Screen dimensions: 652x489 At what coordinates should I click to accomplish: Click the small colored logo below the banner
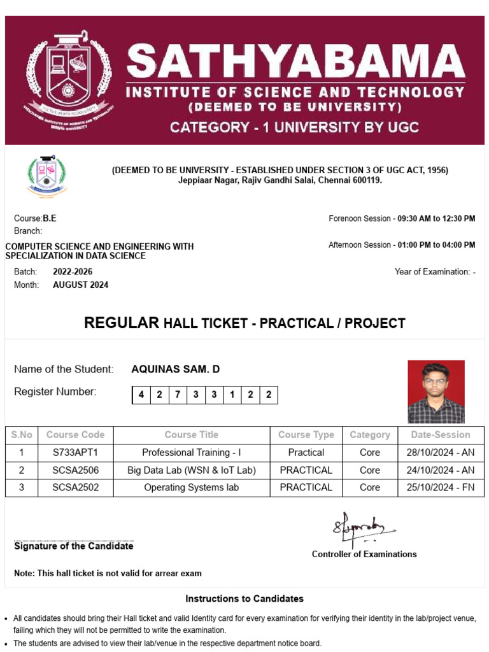(x=46, y=176)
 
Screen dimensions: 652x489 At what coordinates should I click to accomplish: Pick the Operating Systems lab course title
(x=191, y=488)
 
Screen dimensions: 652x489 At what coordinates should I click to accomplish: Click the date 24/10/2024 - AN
(x=439, y=471)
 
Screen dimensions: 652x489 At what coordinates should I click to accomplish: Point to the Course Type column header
(x=306, y=435)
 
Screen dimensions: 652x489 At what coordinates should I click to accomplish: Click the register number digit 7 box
(x=177, y=395)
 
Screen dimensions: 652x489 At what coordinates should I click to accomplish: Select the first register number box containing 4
(x=141, y=395)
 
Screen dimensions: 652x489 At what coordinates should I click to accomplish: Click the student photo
(x=436, y=392)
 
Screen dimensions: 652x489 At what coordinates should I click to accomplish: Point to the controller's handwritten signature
(x=360, y=526)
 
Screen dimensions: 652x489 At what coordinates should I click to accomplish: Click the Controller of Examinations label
(x=364, y=555)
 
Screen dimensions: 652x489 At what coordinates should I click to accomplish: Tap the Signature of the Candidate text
(x=74, y=546)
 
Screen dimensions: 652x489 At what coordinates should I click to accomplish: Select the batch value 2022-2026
(x=73, y=272)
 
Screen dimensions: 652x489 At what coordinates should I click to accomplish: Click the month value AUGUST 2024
(x=80, y=285)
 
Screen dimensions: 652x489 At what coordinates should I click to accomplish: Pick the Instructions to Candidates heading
(x=244, y=599)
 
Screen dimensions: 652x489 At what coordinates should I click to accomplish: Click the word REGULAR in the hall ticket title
(x=122, y=323)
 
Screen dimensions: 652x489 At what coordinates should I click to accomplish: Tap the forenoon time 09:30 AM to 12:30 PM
(x=436, y=219)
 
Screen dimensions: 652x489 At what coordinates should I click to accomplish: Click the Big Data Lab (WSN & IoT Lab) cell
(x=191, y=471)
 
